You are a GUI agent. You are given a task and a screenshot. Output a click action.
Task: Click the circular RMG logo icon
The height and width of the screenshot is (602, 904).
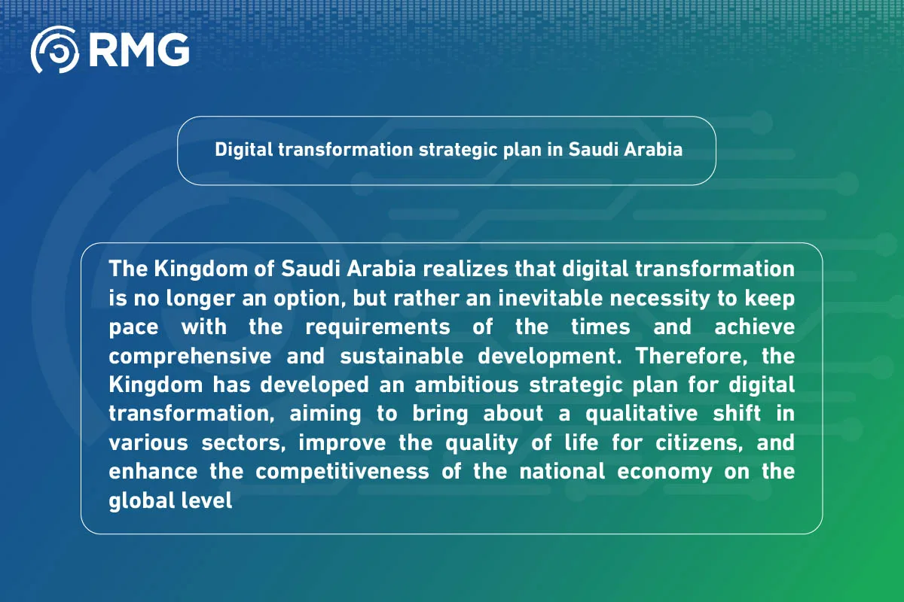(x=55, y=50)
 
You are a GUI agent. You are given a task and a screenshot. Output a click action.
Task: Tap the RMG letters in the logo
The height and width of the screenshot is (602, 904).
(x=139, y=50)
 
